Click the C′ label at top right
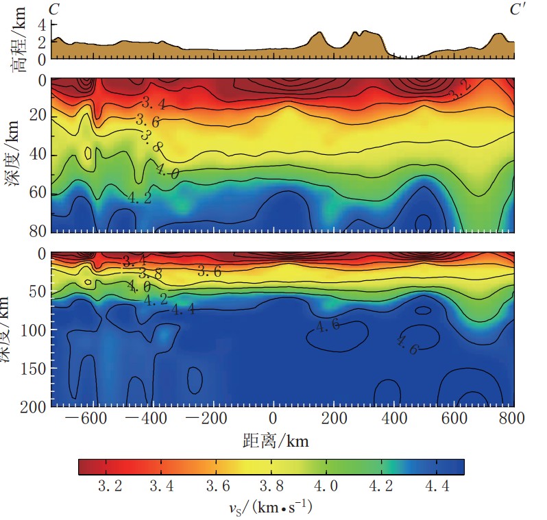[517, 9]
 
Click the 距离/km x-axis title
[276, 441]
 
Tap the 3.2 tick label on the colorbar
[110, 486]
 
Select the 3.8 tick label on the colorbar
[273, 486]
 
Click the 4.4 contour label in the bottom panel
[182, 309]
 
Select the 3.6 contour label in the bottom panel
[210, 271]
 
